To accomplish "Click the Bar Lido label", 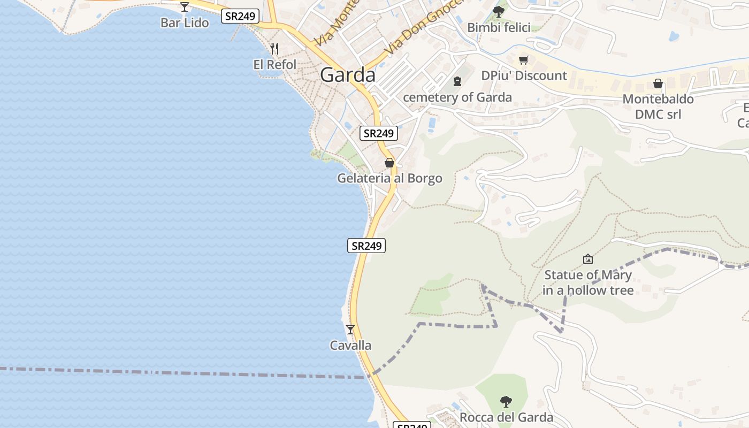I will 185,23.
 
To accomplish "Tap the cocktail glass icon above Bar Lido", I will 185,7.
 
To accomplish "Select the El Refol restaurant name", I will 274,64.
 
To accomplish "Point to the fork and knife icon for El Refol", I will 274,49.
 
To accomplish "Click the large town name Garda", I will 348,75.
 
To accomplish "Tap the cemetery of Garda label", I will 457,97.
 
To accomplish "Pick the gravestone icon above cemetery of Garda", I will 457,81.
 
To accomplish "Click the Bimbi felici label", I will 499,27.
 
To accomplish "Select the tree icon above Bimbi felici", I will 499,11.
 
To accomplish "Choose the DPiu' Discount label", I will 524,75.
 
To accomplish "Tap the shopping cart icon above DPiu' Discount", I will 524,60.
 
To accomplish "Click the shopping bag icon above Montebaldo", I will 658,83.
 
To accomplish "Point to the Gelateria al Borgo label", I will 389,178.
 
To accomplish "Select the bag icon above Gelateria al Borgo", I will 389,163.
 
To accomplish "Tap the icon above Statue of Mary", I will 588,259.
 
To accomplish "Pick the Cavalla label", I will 350,345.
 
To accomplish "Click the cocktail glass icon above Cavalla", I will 350,330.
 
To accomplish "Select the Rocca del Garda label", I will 506,417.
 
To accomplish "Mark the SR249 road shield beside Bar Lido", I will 240,16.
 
